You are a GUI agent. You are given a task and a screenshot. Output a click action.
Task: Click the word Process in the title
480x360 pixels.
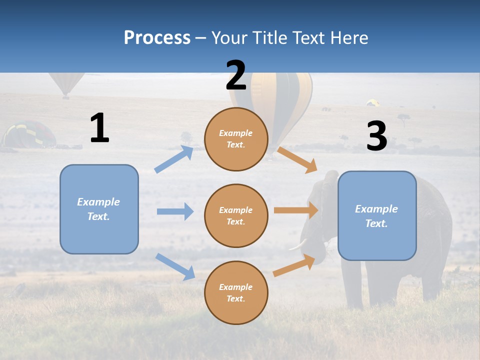[157, 38]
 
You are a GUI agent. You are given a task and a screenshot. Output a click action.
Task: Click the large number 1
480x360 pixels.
[99, 128]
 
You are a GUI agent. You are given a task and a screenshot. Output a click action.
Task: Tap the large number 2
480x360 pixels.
[236, 75]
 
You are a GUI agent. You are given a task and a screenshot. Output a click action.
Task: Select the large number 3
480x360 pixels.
[376, 136]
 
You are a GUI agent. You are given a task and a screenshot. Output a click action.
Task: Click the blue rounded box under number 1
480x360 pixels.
[99, 209]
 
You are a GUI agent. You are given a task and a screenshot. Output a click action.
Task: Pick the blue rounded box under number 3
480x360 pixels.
[377, 215]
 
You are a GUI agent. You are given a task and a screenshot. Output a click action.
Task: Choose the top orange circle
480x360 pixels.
[236, 139]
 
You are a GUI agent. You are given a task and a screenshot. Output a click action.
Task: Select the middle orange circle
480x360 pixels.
[236, 215]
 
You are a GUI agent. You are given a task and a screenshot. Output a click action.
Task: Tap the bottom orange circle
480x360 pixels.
[236, 292]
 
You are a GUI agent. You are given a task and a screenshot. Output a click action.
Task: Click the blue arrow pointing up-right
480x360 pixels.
[174, 159]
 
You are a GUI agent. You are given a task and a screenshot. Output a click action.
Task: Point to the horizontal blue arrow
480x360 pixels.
[175, 211]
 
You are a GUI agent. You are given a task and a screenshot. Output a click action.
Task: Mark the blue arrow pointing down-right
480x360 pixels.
[175, 266]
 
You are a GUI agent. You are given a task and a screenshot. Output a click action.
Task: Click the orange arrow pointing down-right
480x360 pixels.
[298, 160]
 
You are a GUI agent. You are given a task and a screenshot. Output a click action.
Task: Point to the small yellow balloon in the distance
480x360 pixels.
[372, 102]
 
